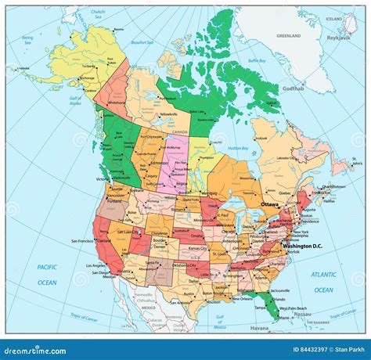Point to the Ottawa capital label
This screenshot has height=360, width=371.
coord(269,203)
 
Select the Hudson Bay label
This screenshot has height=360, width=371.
coord(228,148)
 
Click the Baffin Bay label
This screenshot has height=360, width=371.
coord(257,60)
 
